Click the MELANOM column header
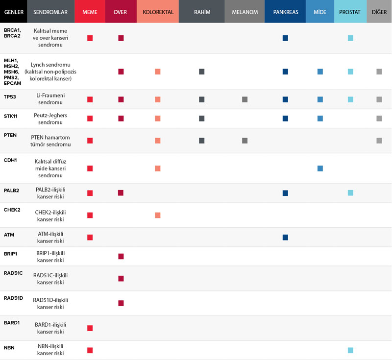coord(245,12)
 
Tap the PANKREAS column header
coord(285,12)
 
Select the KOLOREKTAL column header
coord(158,12)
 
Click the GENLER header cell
coord(14,12)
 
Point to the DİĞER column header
coord(379,12)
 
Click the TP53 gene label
coord(10,97)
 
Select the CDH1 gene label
coord(10,160)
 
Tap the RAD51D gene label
coord(14,298)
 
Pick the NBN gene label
coord(9,348)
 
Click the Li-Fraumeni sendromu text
coord(50,98)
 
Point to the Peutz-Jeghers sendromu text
coord(50,119)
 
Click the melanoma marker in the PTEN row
coord(245,141)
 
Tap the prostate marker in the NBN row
coord(350,350)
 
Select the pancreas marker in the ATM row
coord(285,238)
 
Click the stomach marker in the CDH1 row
coord(320,168)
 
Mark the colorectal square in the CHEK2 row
coord(157,216)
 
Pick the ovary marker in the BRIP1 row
coord(121,256)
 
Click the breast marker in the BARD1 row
coord(90,328)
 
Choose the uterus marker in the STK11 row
coord(202,119)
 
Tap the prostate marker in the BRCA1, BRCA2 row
coord(350,38)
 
